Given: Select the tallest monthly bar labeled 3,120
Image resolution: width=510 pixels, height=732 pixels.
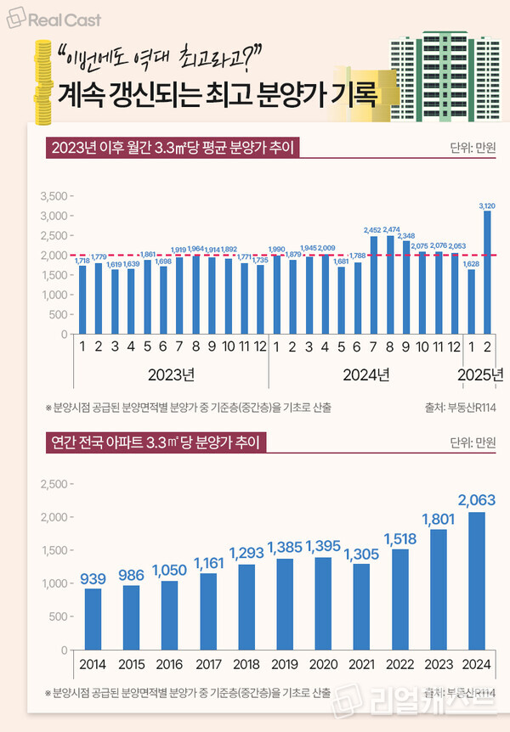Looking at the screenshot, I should pyautogui.click(x=488, y=273).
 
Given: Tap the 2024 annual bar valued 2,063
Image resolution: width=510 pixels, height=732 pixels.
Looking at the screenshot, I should pyautogui.click(x=477, y=581).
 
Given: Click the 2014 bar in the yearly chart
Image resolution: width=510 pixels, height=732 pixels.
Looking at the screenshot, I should pyautogui.click(x=93, y=619).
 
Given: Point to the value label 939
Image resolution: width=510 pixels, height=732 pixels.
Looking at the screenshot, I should pyautogui.click(x=93, y=579).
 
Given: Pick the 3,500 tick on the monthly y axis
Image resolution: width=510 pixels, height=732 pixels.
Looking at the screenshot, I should pyautogui.click(x=53, y=196).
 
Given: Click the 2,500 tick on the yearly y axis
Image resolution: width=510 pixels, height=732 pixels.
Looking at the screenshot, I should pyautogui.click(x=53, y=485).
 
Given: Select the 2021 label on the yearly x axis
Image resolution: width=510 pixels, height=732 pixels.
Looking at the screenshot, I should pyautogui.click(x=362, y=663).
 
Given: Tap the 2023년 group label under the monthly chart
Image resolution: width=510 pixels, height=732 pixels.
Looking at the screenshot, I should pyautogui.click(x=171, y=374).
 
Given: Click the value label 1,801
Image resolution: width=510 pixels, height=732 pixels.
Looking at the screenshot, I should pyautogui.click(x=439, y=519).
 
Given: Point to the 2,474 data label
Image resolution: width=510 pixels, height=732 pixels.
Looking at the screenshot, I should pyautogui.click(x=391, y=229).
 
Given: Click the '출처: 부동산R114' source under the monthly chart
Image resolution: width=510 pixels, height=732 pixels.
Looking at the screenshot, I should pyautogui.click(x=461, y=408).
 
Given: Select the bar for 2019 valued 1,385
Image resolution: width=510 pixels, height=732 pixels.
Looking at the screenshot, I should pyautogui.click(x=285, y=604).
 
